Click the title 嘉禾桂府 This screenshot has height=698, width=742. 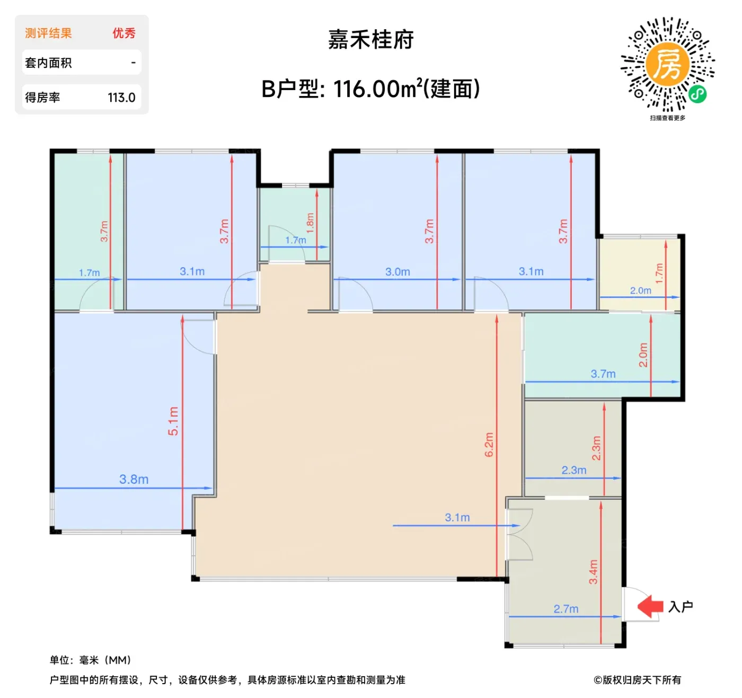coord(370,40)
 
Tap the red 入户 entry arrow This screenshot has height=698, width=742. coord(650,606)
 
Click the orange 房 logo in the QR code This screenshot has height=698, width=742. coord(668,64)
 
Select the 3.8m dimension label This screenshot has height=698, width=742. coord(134,479)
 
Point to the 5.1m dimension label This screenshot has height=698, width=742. coord(173,421)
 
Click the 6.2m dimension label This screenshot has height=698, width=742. coord(489,445)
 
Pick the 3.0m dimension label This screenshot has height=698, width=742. coord(397,272)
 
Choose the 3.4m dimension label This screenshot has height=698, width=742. coord(593,572)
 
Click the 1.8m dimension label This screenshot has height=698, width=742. coord(310,223)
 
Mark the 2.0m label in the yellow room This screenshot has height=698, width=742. coord(640,290)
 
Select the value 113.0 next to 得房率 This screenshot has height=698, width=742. coord(121,98)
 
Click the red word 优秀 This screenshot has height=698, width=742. coord(124,33)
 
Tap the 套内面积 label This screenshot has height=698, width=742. coord(48,63)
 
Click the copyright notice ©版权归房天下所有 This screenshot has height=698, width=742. coord(638,679)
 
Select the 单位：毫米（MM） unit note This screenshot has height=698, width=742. coord(91,660)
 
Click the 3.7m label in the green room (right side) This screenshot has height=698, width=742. coord(603,374)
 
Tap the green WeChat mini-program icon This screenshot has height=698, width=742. coord(697,94)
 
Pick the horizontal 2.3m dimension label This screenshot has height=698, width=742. coord(574,470)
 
